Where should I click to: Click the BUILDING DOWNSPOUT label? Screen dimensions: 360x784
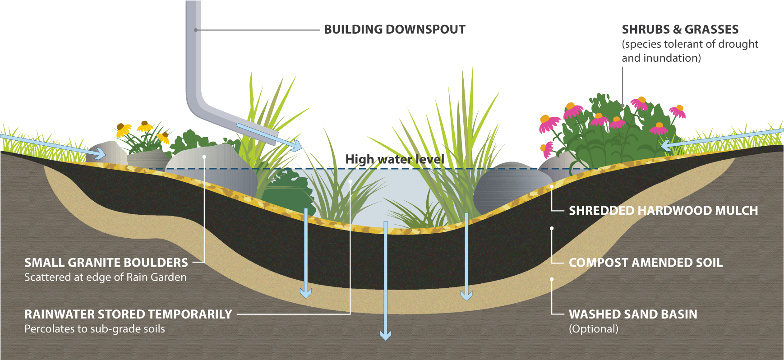[x=395, y=30]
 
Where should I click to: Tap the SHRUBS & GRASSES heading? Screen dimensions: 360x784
[x=680, y=30]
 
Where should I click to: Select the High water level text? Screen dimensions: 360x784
[x=394, y=159]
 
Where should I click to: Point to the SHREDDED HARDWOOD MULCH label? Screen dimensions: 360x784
[x=663, y=211]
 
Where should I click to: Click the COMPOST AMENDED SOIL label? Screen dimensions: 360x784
[x=645, y=263]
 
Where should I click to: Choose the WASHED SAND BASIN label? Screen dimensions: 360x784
[x=633, y=314]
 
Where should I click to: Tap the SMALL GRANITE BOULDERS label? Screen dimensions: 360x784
[x=106, y=263]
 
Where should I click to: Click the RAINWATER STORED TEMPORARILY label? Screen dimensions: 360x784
[x=128, y=314]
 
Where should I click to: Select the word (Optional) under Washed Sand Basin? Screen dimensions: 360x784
[x=593, y=329]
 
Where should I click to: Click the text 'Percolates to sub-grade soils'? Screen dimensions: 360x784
[x=95, y=329]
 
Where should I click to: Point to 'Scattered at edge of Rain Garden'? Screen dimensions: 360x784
[x=105, y=277]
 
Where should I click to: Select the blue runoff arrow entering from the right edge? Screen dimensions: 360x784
[x=722, y=138]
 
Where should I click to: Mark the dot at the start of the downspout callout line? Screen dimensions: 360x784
[x=196, y=30]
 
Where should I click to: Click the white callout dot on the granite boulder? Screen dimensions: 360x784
[x=204, y=157]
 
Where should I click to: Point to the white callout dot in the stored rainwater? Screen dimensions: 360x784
[x=350, y=181]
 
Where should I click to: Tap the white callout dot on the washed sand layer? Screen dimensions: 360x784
[x=552, y=279]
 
